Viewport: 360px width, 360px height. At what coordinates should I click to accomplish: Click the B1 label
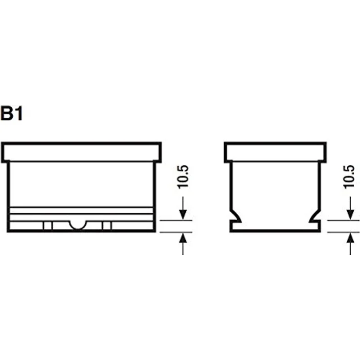12,113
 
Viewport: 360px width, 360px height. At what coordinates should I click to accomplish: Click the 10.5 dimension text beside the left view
183,177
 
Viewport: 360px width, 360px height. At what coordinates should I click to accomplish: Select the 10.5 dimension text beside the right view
349,177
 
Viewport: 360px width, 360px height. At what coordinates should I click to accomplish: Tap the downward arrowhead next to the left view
183,214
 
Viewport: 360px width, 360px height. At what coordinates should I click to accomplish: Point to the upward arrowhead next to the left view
183,238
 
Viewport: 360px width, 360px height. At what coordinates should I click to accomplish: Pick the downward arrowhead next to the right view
350,214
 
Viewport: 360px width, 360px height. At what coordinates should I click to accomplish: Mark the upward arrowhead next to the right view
350,238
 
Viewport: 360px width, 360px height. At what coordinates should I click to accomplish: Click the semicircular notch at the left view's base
78,225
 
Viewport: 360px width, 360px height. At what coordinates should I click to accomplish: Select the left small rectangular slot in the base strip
48,225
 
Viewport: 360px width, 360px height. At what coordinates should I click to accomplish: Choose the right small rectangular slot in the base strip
107,225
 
